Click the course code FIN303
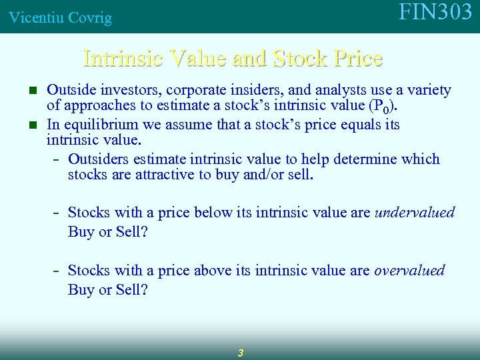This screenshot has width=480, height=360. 435,13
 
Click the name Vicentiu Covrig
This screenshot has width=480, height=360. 60,18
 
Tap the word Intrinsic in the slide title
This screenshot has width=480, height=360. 123,59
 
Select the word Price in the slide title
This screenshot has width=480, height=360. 357,59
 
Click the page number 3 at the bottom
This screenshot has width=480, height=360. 240,353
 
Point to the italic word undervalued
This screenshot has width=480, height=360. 415,213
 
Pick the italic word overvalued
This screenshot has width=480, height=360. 409,271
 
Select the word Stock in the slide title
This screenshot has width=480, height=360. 299,59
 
